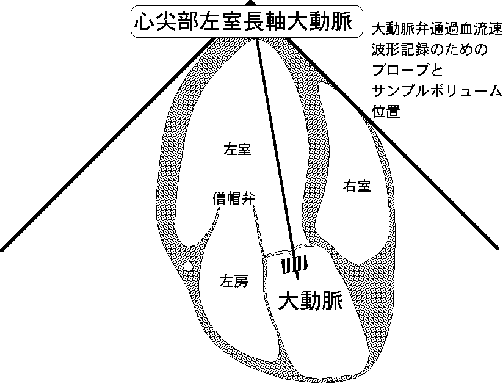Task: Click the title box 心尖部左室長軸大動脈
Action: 247,21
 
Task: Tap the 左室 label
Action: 237,150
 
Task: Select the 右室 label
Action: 356,186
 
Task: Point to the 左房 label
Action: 234,281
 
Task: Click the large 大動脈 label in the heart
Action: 311,301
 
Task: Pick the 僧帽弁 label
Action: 234,198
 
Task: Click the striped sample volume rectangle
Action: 294,264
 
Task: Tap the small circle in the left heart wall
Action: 187,266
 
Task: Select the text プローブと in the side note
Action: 407,71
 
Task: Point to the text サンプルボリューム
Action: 436,91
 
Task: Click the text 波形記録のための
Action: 429,49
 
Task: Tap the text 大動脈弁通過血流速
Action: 436,29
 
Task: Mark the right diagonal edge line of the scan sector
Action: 392,143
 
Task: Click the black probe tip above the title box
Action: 250,3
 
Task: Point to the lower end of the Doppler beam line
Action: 299,280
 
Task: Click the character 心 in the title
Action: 143,21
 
